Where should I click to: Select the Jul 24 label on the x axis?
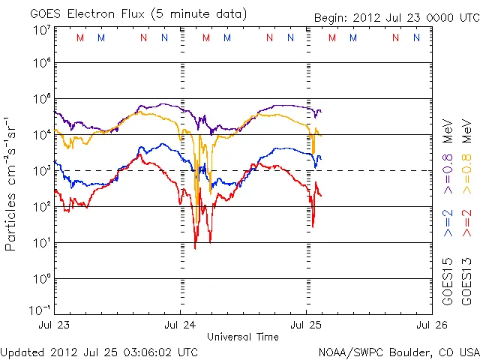[x=181, y=325]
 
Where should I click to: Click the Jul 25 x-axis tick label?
[x=306, y=325]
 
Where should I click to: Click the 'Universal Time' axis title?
[x=243, y=337]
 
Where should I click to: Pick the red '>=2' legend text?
[x=466, y=223]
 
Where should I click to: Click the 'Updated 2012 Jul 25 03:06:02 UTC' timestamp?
[x=100, y=352]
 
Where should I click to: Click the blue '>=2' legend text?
[x=448, y=223]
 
